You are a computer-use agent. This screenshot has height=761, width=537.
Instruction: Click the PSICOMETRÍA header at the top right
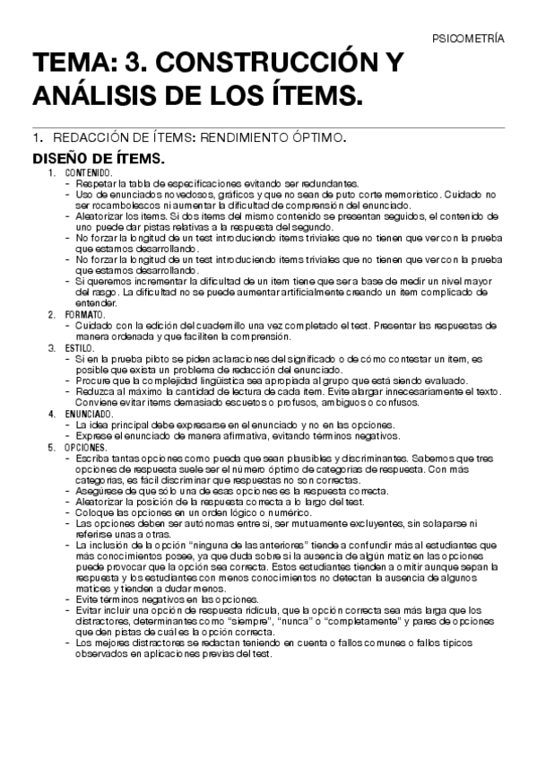pyautogui.click(x=468, y=39)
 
